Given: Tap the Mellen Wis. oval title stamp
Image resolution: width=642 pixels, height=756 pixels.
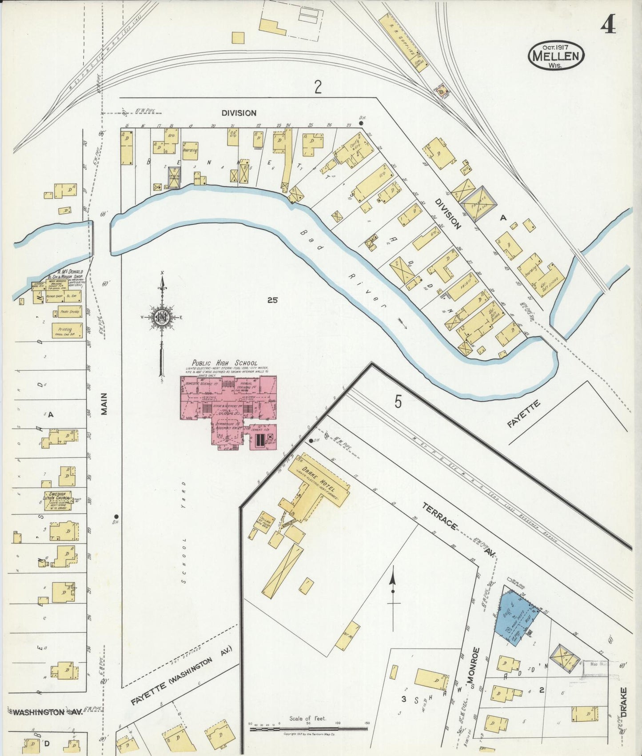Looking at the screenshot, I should pyautogui.click(x=556, y=56).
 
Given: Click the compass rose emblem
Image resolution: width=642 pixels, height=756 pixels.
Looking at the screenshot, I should pyautogui.click(x=162, y=318).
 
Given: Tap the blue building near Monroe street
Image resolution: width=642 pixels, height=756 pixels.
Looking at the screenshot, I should pyautogui.click(x=517, y=617).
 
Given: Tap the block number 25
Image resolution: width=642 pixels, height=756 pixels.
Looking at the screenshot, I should pyautogui.click(x=272, y=300).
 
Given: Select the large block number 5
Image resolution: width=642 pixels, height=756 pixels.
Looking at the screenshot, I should pyautogui.click(x=398, y=402).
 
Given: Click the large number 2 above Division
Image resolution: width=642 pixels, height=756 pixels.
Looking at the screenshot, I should pyautogui.click(x=318, y=87).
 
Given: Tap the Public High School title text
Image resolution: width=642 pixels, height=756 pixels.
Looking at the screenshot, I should pyautogui.click(x=224, y=363).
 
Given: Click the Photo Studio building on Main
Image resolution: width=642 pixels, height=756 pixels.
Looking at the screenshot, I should pyautogui.click(x=69, y=312).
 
